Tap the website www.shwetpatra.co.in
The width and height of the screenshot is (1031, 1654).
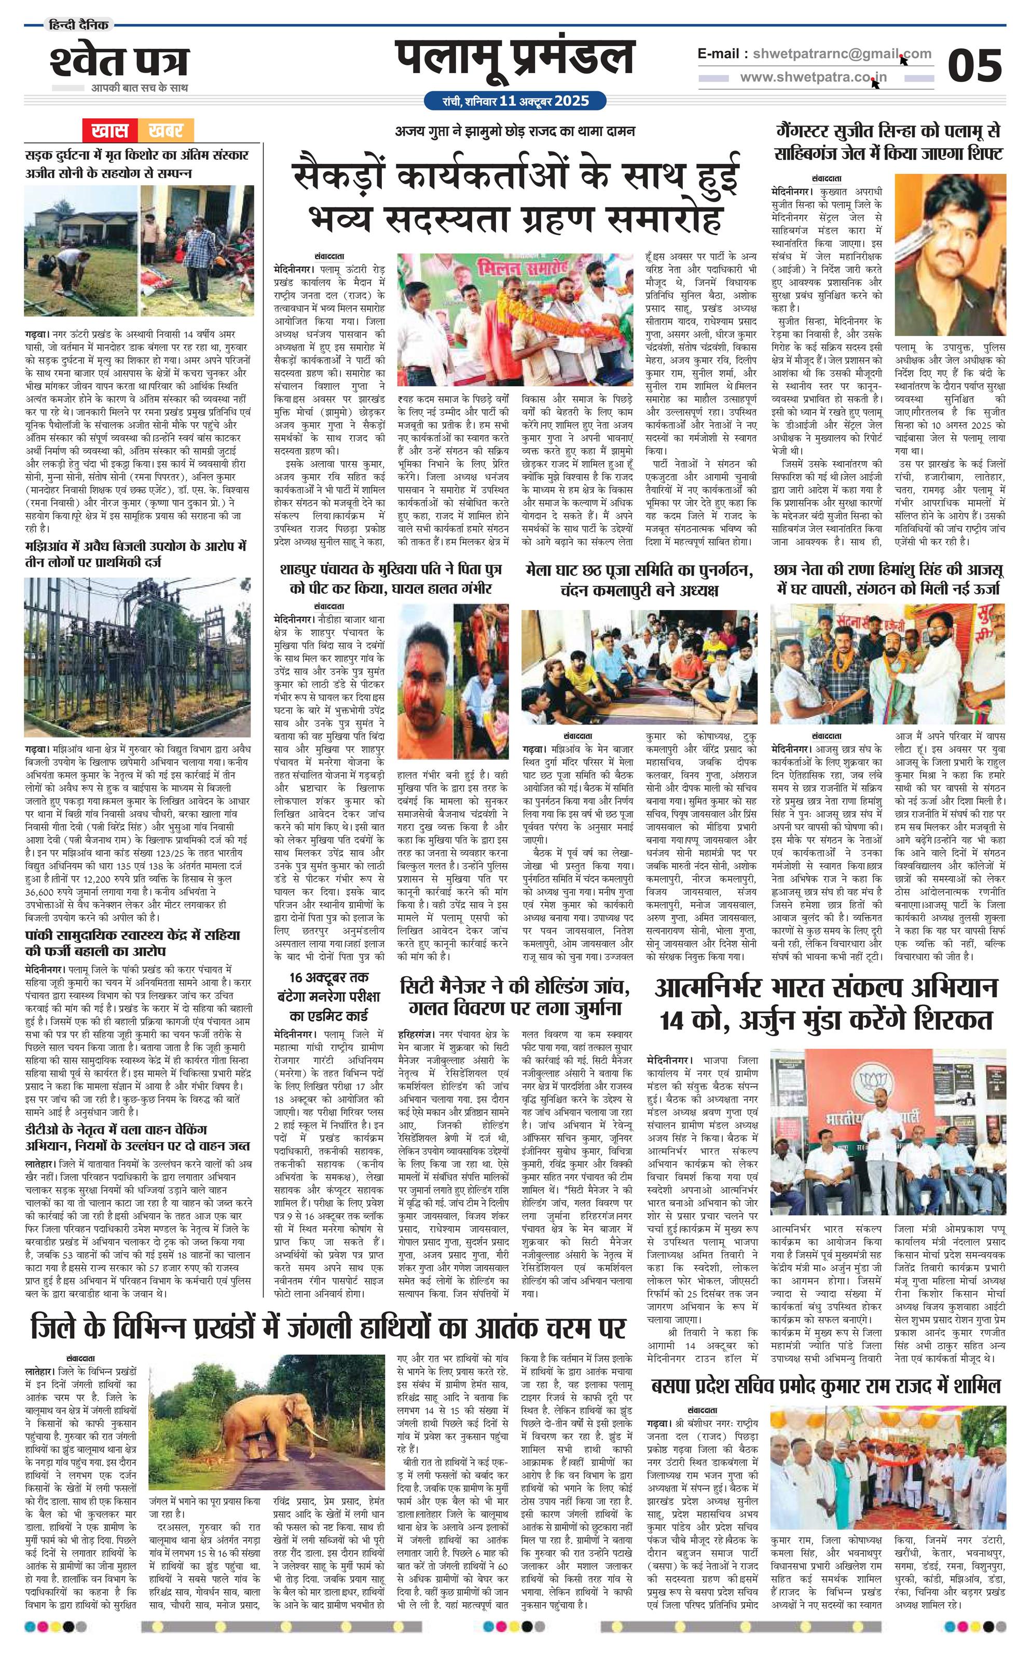814,78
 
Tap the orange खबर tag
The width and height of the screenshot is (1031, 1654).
165,130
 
